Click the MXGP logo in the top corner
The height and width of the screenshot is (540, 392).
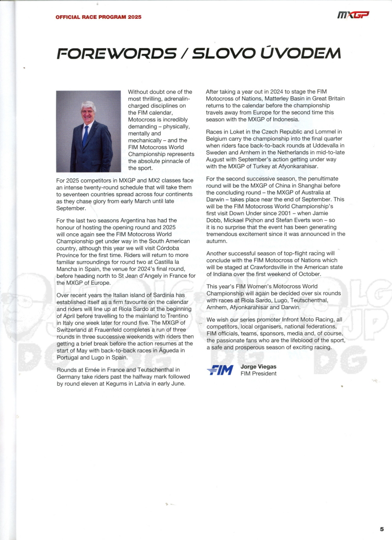(353, 16)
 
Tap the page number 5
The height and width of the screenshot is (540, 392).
(382, 529)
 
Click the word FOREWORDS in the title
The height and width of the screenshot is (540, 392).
(117, 53)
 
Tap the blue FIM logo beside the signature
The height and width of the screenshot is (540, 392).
(220, 370)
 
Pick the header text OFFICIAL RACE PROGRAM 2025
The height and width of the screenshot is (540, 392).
(98, 16)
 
